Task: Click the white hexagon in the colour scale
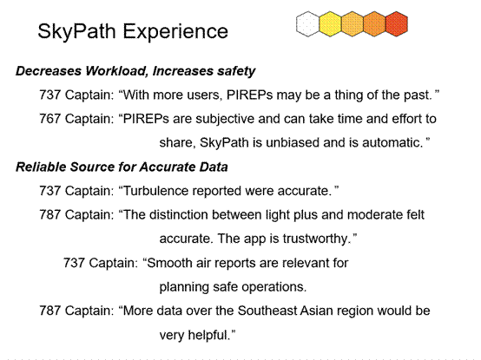point(307,24)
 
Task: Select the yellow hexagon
point(330,24)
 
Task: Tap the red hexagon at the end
point(397,24)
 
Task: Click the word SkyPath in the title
point(76,31)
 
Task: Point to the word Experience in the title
point(175,31)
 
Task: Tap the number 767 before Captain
point(49,119)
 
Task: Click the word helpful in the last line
point(209,335)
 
